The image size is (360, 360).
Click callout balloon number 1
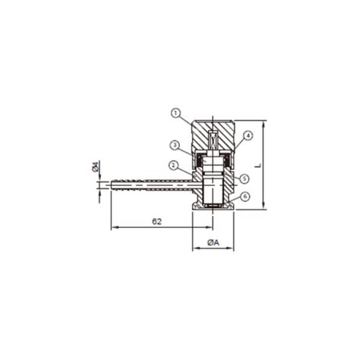click(175, 114)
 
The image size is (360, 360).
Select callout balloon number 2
click(173, 164)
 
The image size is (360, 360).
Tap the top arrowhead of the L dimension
click(263, 122)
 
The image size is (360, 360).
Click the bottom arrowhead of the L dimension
click(263, 205)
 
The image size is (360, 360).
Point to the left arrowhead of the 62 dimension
click(114, 228)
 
